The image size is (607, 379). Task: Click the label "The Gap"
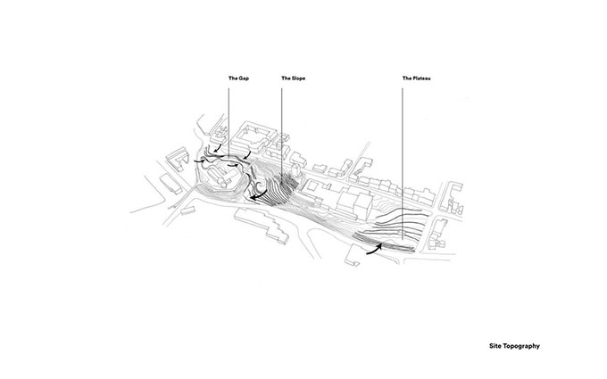238,78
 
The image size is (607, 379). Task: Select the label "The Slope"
293,78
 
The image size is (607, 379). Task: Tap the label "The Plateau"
417,78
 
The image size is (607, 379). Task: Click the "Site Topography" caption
514,346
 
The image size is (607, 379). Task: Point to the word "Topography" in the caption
521,346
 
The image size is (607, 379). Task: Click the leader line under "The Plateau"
403,163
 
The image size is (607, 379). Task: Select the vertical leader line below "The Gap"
229,122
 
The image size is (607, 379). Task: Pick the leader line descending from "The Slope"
281,134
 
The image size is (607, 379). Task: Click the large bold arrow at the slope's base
258,195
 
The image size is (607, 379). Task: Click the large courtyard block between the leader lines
254,136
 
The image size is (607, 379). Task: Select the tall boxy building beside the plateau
354,205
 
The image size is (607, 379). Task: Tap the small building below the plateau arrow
353,256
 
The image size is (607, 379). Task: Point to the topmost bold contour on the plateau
403,212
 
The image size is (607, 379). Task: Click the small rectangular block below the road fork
187,211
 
